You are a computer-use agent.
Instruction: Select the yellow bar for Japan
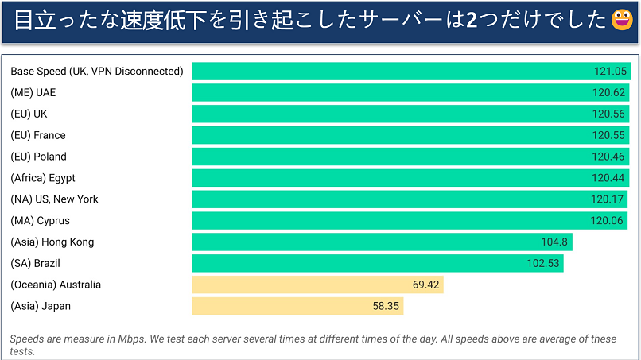(x=297, y=306)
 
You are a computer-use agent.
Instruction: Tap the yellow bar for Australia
(x=317, y=285)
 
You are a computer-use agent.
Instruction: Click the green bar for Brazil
(x=378, y=263)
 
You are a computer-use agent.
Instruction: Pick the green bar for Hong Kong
(x=382, y=242)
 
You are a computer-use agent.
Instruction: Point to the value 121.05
(x=609, y=71)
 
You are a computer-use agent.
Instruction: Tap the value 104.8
(x=554, y=242)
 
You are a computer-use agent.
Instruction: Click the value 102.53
(x=542, y=263)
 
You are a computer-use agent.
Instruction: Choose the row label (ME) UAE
(x=33, y=92)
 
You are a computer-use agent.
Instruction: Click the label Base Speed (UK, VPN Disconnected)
(x=96, y=71)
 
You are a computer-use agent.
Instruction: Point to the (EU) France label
(x=38, y=135)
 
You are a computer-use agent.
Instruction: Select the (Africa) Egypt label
(x=43, y=178)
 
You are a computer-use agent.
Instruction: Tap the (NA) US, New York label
(x=55, y=199)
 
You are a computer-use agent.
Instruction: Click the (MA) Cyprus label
(x=41, y=220)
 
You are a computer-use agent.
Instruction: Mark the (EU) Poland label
(x=38, y=157)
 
